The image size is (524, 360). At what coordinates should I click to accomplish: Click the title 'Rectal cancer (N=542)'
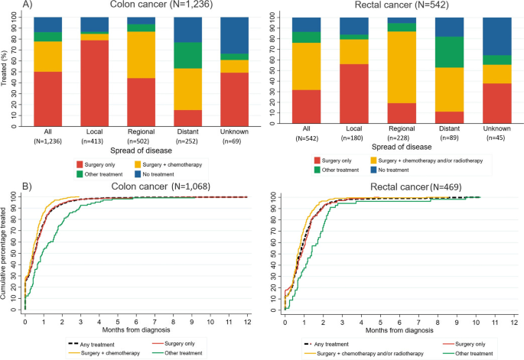click(395, 7)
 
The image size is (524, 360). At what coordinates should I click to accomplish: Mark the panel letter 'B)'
click(7, 184)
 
